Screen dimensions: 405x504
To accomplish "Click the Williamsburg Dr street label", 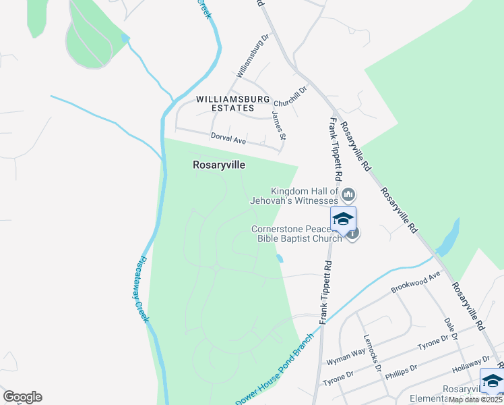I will tap(252, 56).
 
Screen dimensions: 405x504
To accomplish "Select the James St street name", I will tap(279, 126).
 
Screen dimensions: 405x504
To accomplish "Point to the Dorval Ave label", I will tap(228, 138).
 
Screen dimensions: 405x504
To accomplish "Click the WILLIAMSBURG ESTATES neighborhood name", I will tap(225, 103).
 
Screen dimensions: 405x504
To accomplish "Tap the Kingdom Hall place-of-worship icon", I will tap(348, 196).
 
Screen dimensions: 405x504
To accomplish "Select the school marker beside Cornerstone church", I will tap(343, 219).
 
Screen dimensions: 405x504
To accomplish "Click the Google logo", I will tap(22, 397).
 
